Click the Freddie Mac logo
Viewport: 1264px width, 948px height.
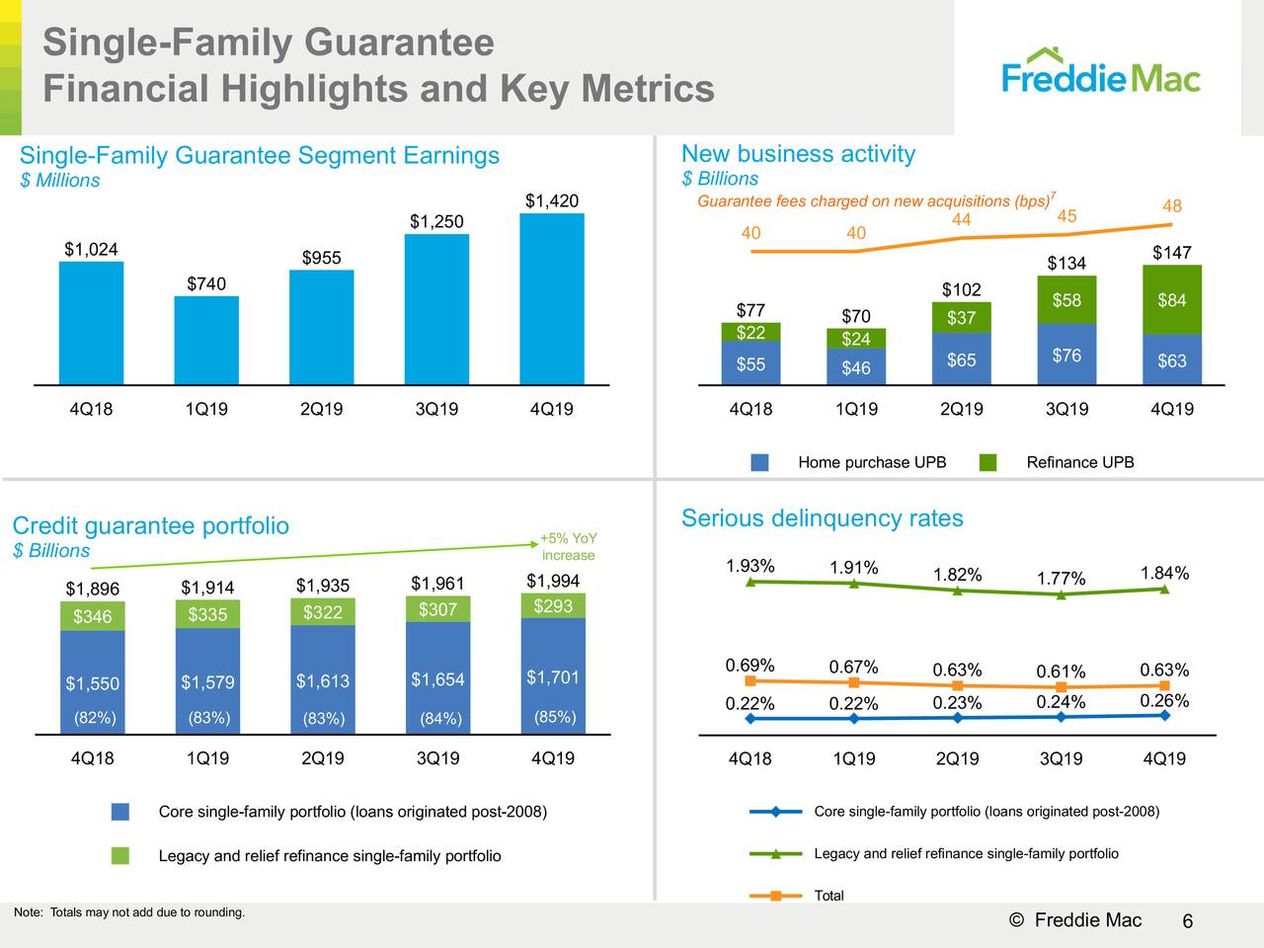coord(1101,72)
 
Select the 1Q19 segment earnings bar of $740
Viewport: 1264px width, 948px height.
coord(206,340)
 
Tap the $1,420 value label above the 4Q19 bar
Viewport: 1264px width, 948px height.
coord(551,201)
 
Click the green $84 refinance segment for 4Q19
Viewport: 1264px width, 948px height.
coord(1172,300)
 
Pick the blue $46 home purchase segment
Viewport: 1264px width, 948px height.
coord(856,367)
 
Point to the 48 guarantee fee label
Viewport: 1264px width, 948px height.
coord(1172,206)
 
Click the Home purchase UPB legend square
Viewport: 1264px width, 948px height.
coord(759,462)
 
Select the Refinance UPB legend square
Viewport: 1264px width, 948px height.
coord(988,462)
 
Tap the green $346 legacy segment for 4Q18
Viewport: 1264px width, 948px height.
coord(93,617)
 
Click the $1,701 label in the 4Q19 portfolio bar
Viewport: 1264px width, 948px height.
coord(553,677)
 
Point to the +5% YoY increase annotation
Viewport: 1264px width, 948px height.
coord(568,546)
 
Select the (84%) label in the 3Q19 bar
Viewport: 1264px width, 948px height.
coord(439,718)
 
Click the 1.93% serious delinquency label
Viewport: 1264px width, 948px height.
coord(750,566)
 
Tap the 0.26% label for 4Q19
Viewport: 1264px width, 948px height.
coord(1164,701)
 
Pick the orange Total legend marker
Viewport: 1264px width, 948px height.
coord(776,896)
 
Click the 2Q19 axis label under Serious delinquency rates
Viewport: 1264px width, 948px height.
coord(957,758)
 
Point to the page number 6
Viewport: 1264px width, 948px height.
coord(1188,922)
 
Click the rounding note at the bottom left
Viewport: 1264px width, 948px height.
coord(128,911)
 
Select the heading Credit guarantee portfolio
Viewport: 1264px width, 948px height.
coord(150,525)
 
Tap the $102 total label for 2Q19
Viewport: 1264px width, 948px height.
coord(961,289)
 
